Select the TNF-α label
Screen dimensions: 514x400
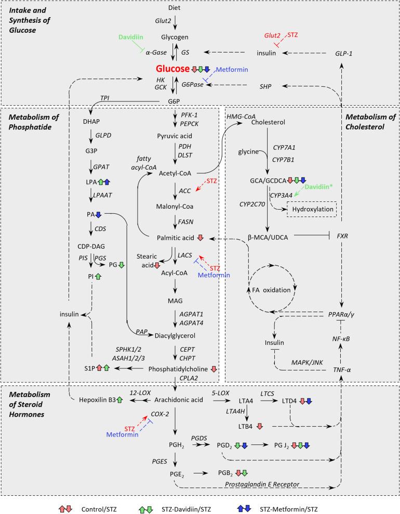(343, 368)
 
